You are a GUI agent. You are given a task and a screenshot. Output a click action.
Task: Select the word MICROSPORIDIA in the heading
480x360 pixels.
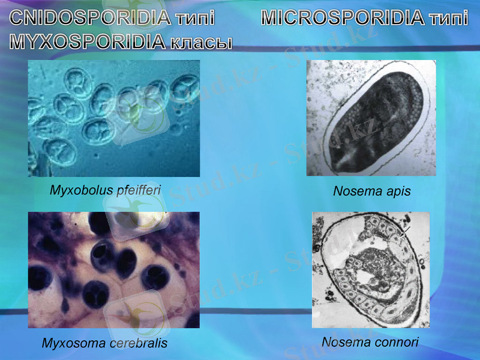343,17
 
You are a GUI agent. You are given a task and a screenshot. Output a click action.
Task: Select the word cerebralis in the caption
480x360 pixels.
139,344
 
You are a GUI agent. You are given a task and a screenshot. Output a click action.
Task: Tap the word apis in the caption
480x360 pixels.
398,191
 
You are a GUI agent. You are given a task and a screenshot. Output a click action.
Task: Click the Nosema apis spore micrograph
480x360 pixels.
371,118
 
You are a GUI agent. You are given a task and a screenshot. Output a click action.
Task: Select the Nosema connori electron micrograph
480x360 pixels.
371,270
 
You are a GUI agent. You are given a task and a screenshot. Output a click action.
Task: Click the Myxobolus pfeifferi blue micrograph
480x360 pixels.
114,118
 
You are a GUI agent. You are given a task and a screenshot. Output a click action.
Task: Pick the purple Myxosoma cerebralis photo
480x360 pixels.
114,270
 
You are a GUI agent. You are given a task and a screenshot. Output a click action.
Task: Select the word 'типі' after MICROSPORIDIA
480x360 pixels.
449,17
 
